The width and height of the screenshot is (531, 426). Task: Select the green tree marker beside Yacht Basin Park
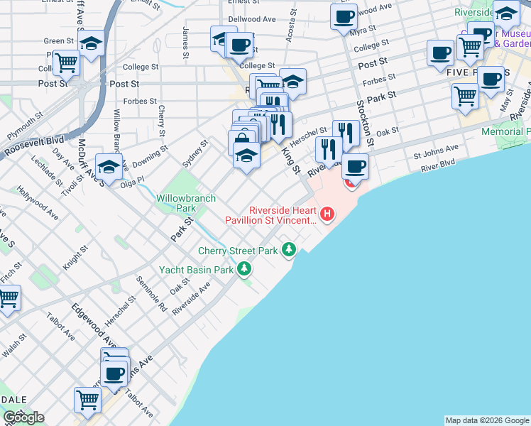pyautogui.click(x=244, y=268)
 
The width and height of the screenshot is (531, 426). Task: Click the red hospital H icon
pyautogui.click(x=327, y=213)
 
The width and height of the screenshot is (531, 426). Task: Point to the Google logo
pyautogui.click(x=23, y=417)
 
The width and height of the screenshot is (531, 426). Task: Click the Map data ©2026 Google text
pyautogui.click(x=486, y=420)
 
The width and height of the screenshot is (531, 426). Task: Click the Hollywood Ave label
pyautogui.click(x=38, y=201)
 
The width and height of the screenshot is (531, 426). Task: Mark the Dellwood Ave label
pyautogui.click(x=252, y=19)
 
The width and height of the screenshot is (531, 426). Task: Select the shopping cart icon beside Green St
pyautogui.click(x=66, y=62)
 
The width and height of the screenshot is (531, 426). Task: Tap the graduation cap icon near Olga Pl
pyautogui.click(x=109, y=167)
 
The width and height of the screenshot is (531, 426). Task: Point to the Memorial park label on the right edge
pyautogui.click(x=505, y=132)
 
